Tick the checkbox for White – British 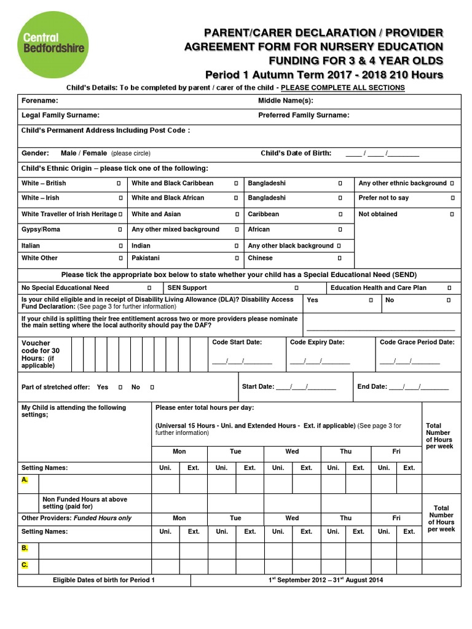pyautogui.click(x=119, y=184)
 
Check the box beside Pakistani pyautogui.click(x=236, y=259)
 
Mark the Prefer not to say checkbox pyautogui.click(x=452, y=198)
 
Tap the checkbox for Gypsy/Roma pyautogui.click(x=119, y=230)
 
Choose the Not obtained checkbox pyautogui.click(x=452, y=214)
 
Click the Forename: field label pyautogui.click(x=40, y=100)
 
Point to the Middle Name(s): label pyautogui.click(x=285, y=100)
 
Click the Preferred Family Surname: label pyautogui.click(x=304, y=115)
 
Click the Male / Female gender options pyautogui.click(x=84, y=153)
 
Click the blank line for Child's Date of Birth pyautogui.click(x=382, y=154)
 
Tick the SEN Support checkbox pyautogui.click(x=296, y=288)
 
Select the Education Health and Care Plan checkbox pyautogui.click(x=449, y=288)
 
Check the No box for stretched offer pyautogui.click(x=152, y=388)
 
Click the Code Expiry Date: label pyautogui.click(x=317, y=342)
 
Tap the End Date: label pyautogui.click(x=372, y=387)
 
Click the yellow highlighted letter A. pyautogui.click(x=25, y=479)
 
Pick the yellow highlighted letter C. pyautogui.click(x=25, y=565)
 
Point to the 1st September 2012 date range pyautogui.click(x=325, y=580)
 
